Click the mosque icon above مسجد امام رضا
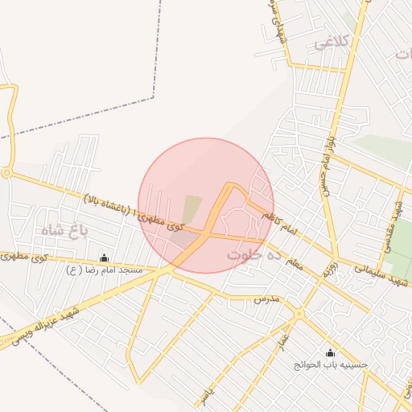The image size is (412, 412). [104, 257]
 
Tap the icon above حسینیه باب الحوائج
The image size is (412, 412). [330, 352]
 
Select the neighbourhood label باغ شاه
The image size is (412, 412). [65, 230]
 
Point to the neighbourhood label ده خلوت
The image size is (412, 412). [253, 253]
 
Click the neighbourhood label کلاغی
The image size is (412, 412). [331, 42]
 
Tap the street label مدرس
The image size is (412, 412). [266, 299]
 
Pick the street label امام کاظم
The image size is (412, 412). [279, 225]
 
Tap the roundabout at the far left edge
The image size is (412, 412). [6, 172]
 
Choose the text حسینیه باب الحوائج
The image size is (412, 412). [331, 365]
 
